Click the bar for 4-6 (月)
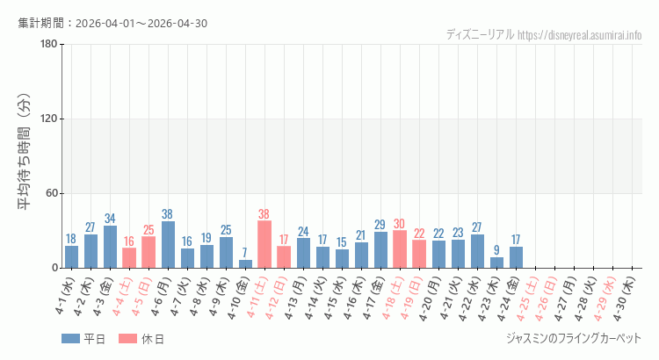(x=168, y=245)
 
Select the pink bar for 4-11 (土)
(x=264, y=245)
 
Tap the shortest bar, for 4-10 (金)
(x=245, y=263)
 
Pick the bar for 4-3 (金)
(x=110, y=248)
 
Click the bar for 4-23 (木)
(x=496, y=263)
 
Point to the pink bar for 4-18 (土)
(x=400, y=249)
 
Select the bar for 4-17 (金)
(x=380, y=250)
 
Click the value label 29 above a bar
(x=380, y=225)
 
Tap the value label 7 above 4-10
(x=245, y=253)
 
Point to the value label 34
(x=110, y=219)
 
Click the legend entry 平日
(x=83, y=339)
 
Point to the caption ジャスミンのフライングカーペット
(x=574, y=338)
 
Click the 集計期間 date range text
(x=112, y=23)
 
